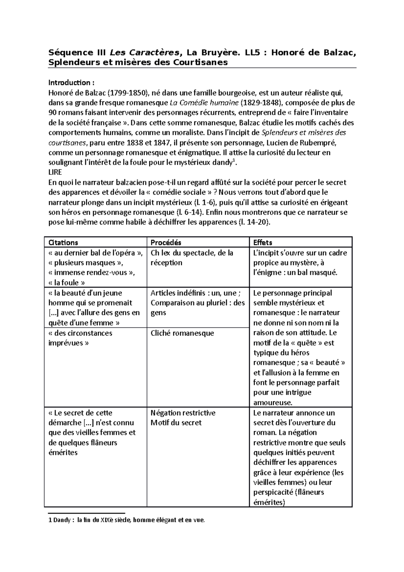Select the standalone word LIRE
55,172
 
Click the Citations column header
63,243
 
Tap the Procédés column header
166,243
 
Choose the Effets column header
263,243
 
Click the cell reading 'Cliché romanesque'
182,333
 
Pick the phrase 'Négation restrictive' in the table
183,413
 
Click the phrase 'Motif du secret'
176,423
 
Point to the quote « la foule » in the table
67,283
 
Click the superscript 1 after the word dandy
235,161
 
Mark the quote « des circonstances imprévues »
80,338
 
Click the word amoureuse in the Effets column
273,403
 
